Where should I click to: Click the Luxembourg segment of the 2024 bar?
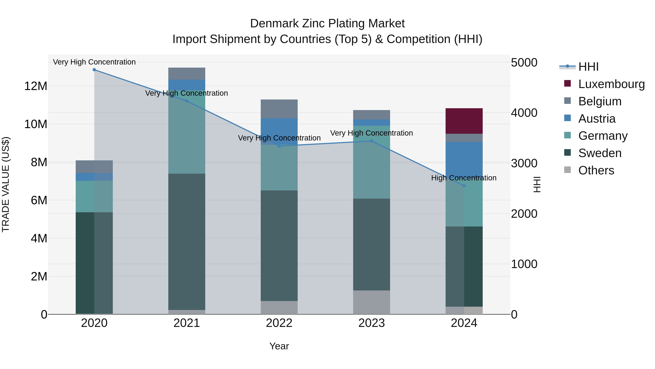point(464,121)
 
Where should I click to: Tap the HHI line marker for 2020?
point(94,70)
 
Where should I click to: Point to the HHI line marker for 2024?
point(464,186)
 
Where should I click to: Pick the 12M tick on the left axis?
point(36,86)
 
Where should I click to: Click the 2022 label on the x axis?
point(279,323)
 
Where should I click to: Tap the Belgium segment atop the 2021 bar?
point(187,74)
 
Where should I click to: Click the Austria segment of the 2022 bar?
point(279,131)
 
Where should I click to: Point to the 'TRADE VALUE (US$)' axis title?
point(6,184)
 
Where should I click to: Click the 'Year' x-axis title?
point(279,346)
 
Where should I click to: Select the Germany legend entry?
point(602,136)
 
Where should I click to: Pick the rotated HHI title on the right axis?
point(537,184)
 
